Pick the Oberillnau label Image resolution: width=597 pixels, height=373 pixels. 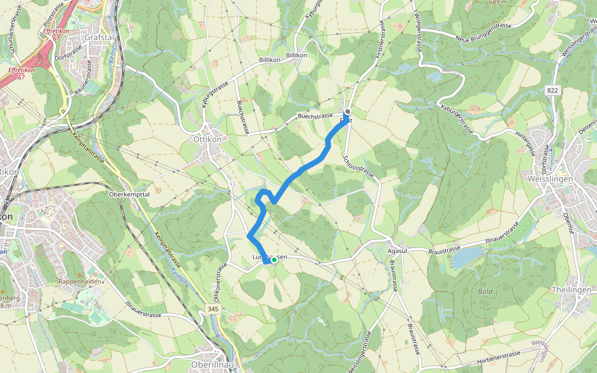click(x=211, y=364)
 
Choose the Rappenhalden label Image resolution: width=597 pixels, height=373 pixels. click(x=76, y=281)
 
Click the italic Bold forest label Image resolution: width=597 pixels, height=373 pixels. click(x=485, y=291)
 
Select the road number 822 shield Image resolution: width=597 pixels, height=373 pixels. click(x=553, y=91)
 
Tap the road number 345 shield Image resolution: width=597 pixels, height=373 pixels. click(x=213, y=309)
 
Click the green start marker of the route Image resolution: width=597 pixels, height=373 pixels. click(x=274, y=260)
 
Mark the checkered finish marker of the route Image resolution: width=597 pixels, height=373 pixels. click(x=347, y=112)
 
